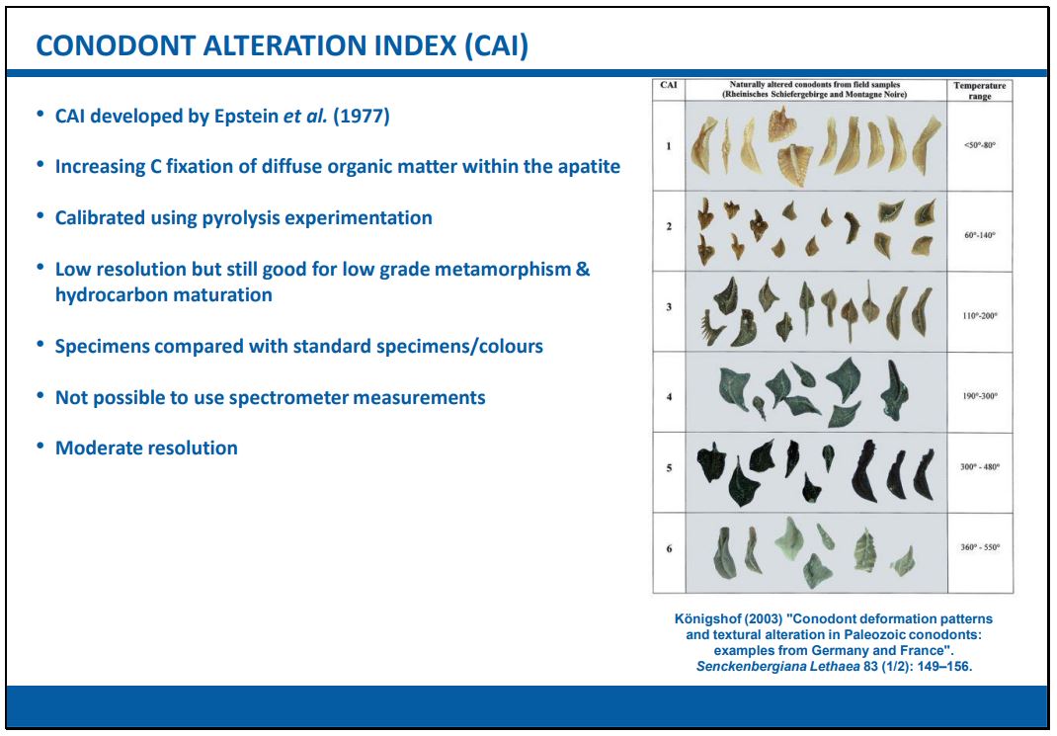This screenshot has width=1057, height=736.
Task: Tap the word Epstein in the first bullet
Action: coord(247,117)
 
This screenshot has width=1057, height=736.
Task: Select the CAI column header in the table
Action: coord(669,85)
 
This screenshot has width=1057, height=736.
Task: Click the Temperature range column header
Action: coord(980,90)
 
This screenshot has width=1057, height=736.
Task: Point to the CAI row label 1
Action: coord(669,145)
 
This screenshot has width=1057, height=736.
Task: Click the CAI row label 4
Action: coord(669,397)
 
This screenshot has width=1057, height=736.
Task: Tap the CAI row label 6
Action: coord(669,548)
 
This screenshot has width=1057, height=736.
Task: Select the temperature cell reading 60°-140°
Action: coord(980,235)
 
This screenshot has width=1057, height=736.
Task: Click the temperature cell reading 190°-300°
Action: coord(980,396)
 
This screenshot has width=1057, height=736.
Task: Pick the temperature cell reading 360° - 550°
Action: coord(980,547)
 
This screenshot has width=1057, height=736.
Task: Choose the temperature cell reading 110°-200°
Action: coord(980,315)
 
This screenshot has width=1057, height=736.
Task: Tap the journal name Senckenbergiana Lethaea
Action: coord(777,667)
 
